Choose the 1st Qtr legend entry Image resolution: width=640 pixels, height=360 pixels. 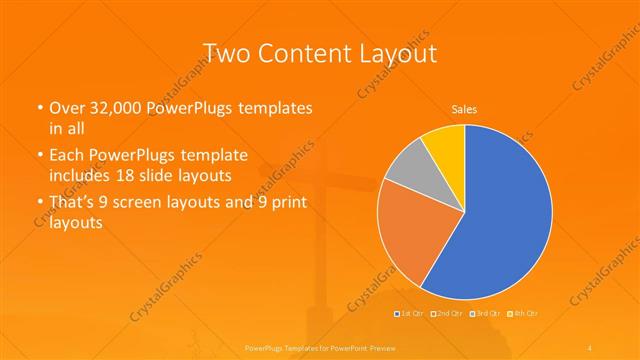[411, 314]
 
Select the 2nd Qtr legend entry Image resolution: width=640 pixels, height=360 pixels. [447, 314]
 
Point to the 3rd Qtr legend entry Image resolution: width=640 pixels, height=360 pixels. [484, 314]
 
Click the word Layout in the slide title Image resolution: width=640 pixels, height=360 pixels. [398, 52]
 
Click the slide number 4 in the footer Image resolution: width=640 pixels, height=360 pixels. [591, 346]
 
